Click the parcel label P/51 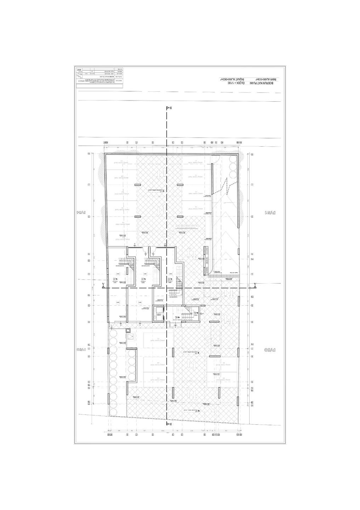tap(270, 213)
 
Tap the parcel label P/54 tap(82, 213)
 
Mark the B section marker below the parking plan tap(169, 424)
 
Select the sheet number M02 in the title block tap(79, 70)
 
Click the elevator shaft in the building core tap(159, 313)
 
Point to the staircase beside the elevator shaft tap(187, 313)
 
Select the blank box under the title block tap(99, 86)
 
